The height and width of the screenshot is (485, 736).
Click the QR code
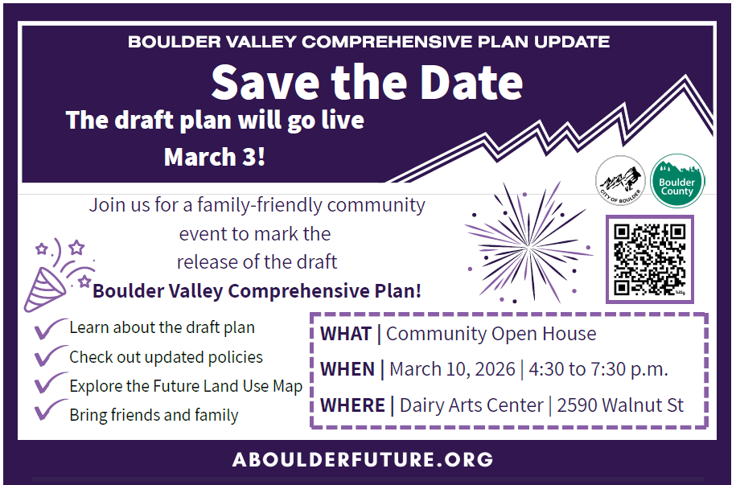[x=650, y=259]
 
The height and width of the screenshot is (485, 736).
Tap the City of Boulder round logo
[x=620, y=181]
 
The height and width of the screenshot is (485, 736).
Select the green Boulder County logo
[x=676, y=181]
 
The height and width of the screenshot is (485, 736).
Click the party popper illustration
[x=60, y=275]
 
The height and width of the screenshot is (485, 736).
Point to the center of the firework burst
[x=529, y=245]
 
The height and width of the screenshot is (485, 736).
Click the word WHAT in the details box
[x=346, y=334]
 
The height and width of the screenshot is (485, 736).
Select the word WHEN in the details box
[x=347, y=369]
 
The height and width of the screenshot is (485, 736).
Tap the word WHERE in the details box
[x=352, y=405]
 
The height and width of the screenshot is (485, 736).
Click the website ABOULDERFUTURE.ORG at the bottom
[x=363, y=459]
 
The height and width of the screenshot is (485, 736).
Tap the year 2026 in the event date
[x=495, y=369]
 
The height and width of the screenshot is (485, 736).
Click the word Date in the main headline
[x=471, y=83]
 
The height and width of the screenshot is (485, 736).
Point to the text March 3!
[x=215, y=157]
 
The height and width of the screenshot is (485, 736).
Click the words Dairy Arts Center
[x=471, y=405]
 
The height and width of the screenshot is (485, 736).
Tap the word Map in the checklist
[x=287, y=386]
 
